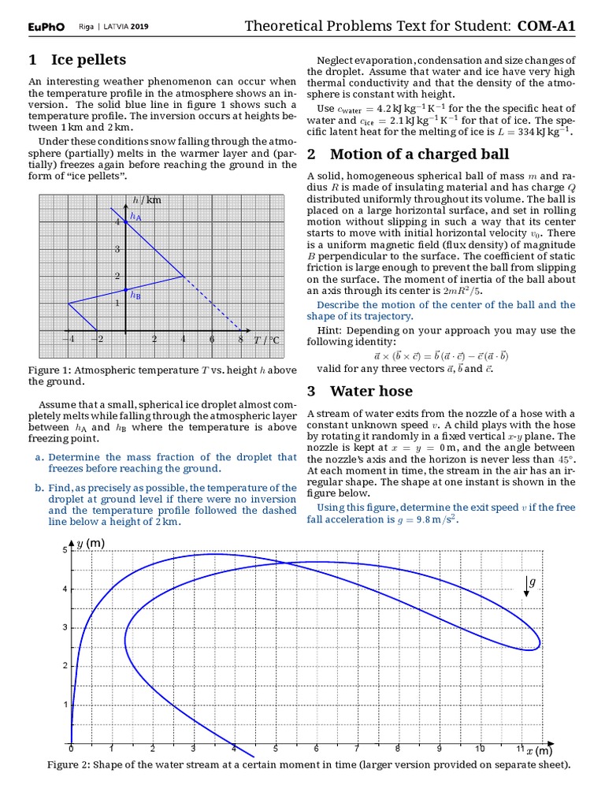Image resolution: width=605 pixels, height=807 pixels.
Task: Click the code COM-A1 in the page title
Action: [546, 27]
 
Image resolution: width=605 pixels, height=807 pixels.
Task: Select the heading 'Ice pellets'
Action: [77, 60]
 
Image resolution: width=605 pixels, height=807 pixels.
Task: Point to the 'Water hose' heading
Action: [371, 391]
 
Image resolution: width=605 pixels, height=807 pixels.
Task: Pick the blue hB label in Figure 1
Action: [135, 296]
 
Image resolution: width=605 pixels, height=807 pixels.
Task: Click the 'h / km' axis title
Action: [147, 200]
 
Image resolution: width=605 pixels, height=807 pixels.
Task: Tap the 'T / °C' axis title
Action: [266, 340]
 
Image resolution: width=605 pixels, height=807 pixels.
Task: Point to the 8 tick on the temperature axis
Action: [240, 340]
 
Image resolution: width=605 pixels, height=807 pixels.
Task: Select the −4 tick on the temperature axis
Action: [68, 340]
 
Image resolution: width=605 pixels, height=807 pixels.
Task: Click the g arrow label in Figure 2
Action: [531, 582]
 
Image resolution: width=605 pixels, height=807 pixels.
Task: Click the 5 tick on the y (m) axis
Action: [65, 549]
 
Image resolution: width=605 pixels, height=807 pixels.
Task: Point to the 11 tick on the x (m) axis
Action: [520, 749]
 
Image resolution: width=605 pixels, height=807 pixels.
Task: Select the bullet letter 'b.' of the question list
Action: [39, 488]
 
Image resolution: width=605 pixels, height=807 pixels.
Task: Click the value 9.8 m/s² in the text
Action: [435, 520]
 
